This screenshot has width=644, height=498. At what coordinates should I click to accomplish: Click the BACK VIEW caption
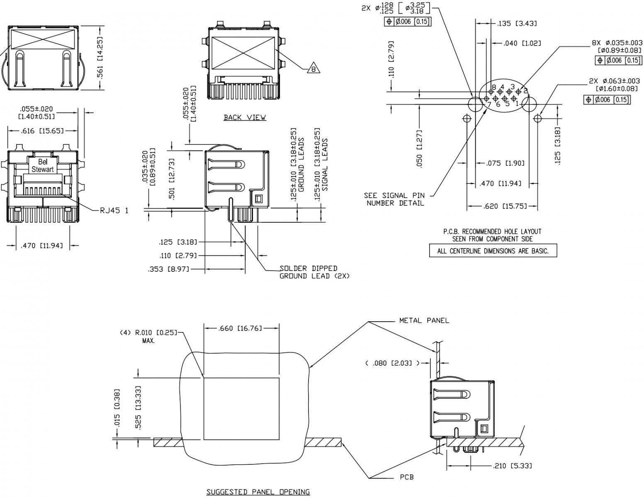tap(245, 117)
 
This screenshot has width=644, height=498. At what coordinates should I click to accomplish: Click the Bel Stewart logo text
tap(43, 165)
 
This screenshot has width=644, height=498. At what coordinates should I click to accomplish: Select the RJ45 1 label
tap(114, 210)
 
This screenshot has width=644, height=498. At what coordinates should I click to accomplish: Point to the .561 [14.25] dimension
tap(100, 57)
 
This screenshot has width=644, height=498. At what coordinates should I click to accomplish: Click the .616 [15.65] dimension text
tap(42, 131)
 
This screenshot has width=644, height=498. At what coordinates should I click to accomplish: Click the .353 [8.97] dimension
tap(169, 270)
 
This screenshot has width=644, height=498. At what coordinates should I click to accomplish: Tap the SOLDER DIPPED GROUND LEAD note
tap(314, 272)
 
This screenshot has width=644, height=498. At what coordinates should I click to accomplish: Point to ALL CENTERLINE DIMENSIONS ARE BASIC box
tap(493, 251)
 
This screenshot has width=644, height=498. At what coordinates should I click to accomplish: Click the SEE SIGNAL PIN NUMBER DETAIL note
tap(394, 199)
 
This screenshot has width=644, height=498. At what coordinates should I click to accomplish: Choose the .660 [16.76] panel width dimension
tap(240, 328)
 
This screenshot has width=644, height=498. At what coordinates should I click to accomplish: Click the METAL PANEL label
tap(424, 320)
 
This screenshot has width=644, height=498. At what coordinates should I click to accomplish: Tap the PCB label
tap(407, 477)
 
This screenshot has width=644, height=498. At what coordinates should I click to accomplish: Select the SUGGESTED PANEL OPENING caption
tap(258, 492)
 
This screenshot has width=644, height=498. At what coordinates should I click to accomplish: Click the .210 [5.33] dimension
tap(513, 466)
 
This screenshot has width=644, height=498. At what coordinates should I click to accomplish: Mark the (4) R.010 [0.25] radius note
tap(148, 336)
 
